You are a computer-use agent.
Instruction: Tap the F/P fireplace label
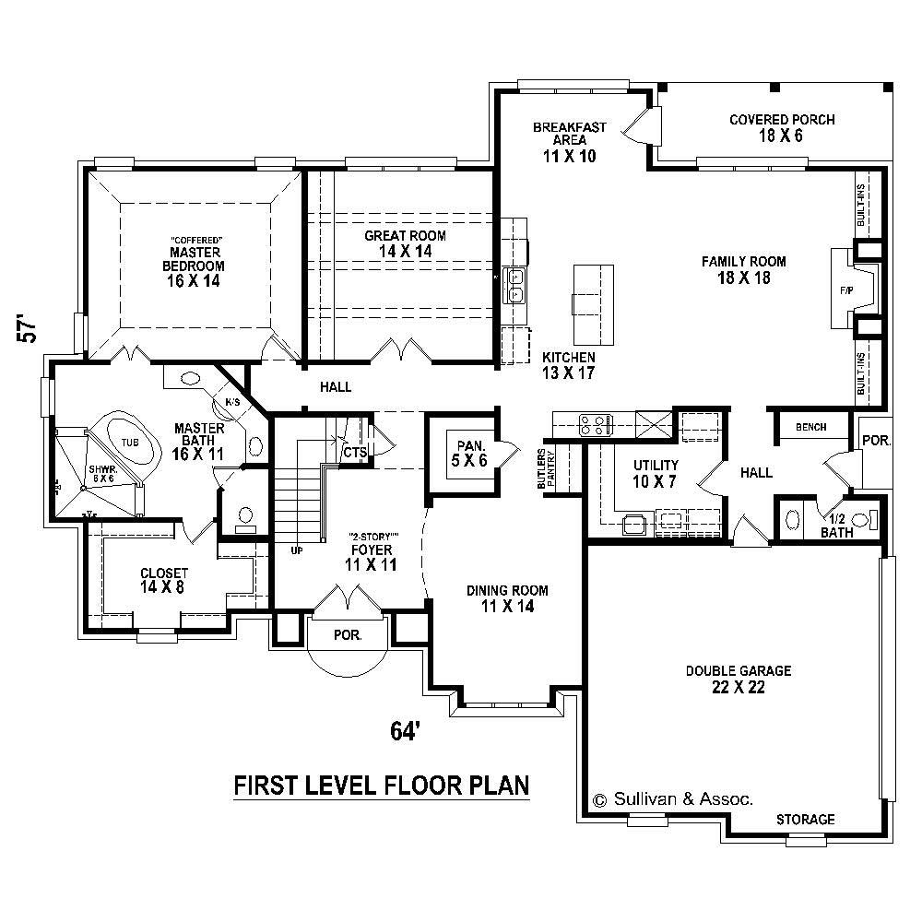(845, 290)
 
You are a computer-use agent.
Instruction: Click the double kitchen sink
(514, 285)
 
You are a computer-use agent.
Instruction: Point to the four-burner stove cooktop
(595, 425)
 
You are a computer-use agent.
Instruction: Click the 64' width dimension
(406, 730)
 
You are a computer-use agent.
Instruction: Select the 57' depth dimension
(30, 330)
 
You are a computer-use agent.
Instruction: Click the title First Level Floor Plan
(381, 786)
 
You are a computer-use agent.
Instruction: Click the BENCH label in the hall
(810, 427)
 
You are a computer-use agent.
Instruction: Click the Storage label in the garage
(805, 819)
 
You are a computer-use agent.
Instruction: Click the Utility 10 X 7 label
(656, 472)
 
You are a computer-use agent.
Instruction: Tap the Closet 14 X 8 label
(164, 579)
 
